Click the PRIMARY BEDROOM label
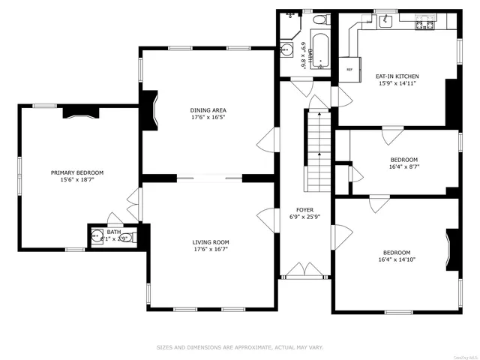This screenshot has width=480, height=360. coord(77,172)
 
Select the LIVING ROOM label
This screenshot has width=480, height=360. coord(211,242)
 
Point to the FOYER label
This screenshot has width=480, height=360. coord(304,210)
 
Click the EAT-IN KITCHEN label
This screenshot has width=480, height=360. coord(397,76)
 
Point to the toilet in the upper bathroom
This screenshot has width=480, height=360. coord(319,19)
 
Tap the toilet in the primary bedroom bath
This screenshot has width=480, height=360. coord(127,238)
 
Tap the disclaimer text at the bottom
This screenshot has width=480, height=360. coord(239,347)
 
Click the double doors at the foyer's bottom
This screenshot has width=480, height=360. coord(304,271)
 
